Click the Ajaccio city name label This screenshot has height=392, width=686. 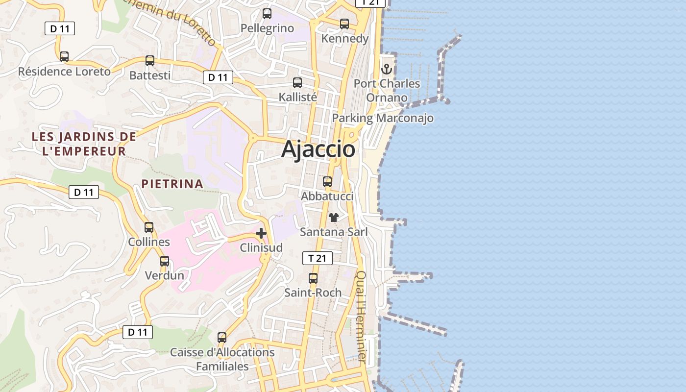(x=318, y=149)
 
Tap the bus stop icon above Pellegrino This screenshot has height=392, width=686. (x=267, y=14)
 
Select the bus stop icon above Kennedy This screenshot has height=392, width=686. (x=344, y=24)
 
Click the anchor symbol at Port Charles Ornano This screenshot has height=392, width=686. (x=387, y=69)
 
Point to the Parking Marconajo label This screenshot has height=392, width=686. (x=383, y=118)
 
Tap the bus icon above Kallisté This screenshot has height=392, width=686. (x=297, y=83)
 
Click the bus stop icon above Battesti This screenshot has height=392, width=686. (x=150, y=61)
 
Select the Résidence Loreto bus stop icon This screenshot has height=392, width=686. (x=64, y=57)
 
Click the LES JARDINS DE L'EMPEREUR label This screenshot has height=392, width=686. (x=84, y=144)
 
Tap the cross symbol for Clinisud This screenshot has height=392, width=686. (x=261, y=233)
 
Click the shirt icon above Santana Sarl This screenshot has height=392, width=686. (x=334, y=218)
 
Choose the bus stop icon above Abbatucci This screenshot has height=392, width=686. (x=327, y=182)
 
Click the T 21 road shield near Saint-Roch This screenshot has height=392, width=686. (x=318, y=258)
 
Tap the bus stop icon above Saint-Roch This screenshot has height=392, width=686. (x=313, y=278)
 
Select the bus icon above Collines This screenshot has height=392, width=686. (x=149, y=227)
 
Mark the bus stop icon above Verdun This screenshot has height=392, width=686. (x=165, y=261)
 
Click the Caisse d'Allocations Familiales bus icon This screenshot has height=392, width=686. (x=222, y=338)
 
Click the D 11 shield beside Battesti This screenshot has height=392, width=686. (x=218, y=77)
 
